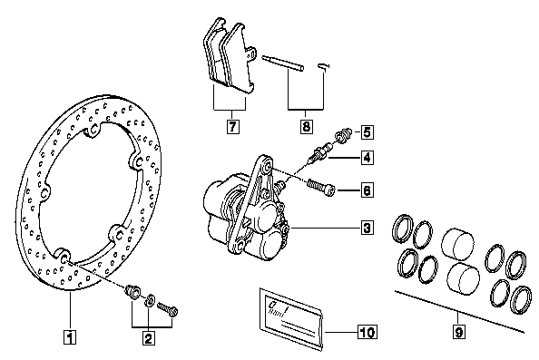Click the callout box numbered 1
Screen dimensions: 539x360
70,337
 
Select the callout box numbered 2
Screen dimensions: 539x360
148,338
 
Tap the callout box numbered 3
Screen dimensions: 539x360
367,228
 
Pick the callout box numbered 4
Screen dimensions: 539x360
367,158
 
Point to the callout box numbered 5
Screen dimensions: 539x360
367,132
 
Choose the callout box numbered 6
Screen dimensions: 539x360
367,190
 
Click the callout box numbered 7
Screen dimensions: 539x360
233,126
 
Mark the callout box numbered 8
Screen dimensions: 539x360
307,126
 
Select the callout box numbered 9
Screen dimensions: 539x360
459,332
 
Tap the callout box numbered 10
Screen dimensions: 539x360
367,332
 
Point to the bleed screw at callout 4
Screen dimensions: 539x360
320,153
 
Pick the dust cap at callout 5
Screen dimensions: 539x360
344,135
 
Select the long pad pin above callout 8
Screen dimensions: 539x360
283,63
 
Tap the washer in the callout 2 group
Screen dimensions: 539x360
150,300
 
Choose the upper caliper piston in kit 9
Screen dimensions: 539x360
456,245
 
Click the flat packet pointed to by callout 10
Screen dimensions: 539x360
291,319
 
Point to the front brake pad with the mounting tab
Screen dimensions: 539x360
238,58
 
